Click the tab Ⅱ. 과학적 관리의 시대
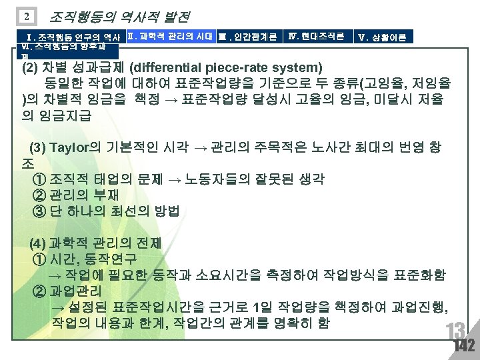[170, 35]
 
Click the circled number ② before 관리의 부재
[39, 195]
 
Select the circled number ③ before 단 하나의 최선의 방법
[39, 212]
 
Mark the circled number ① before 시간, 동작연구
[39, 259]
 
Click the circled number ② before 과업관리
[39, 291]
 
